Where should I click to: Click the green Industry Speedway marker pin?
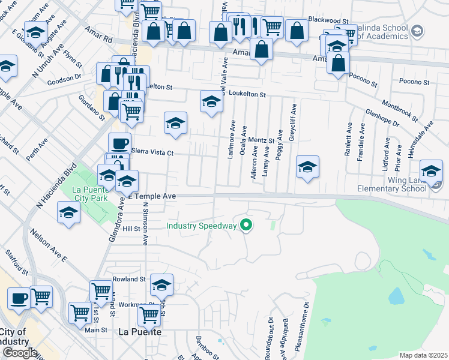(x=246, y=226)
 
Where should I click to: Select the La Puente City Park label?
(x=92, y=193)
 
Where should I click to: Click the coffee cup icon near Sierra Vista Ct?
(x=119, y=143)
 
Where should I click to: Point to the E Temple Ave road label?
(x=154, y=196)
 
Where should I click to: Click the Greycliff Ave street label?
(x=293, y=122)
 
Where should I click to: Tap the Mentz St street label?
(x=261, y=140)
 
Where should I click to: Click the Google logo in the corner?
(x=19, y=352)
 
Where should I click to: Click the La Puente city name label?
(x=139, y=331)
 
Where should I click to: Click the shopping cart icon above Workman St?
(x=101, y=291)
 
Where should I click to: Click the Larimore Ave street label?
(x=231, y=139)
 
